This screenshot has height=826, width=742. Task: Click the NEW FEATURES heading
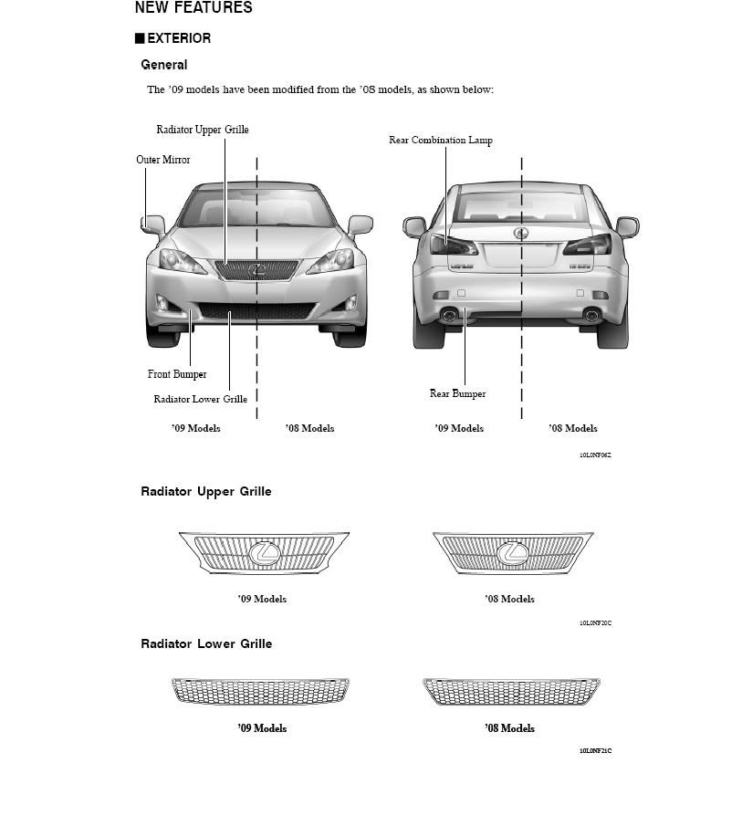tap(193, 8)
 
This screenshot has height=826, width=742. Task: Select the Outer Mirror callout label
tap(163, 160)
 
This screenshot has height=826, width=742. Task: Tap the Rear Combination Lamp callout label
tap(441, 140)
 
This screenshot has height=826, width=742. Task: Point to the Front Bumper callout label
tap(177, 374)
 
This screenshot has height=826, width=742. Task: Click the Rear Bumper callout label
tap(457, 394)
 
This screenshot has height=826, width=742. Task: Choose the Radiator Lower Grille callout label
tap(200, 399)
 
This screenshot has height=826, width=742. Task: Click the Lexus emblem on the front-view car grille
tap(256, 269)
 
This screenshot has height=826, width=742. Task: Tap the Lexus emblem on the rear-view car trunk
tap(522, 233)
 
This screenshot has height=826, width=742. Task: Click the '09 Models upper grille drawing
tap(264, 552)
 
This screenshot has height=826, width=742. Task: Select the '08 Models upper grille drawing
tap(512, 553)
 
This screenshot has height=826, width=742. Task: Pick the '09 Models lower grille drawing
tap(260, 691)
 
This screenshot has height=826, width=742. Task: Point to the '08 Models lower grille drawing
tap(511, 691)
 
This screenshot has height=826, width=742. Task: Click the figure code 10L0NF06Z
tap(595, 455)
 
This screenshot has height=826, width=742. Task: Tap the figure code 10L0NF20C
tap(595, 623)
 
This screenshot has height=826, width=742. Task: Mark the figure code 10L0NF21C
tap(595, 751)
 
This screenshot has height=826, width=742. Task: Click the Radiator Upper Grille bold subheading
tap(205, 492)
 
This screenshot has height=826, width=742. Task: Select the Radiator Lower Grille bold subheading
tap(205, 644)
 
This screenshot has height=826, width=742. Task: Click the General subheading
tap(164, 65)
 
